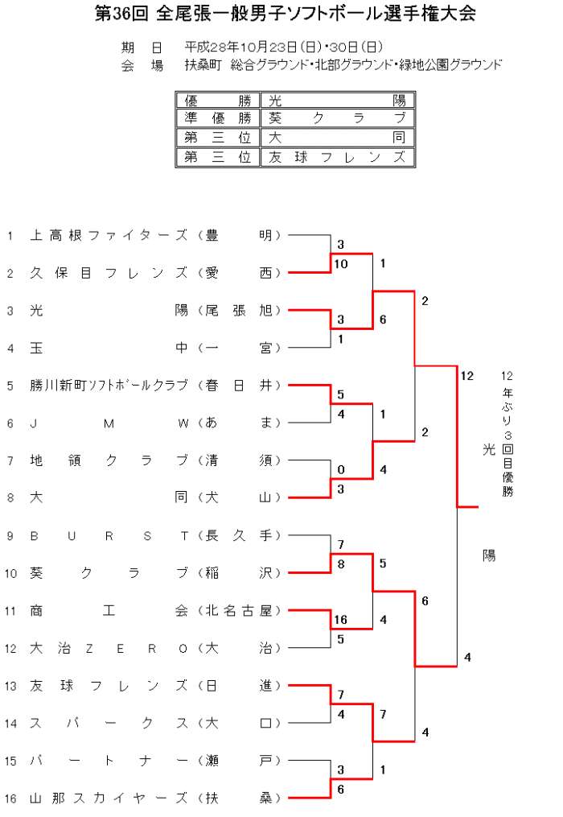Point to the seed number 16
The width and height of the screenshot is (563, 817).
pos(10,798)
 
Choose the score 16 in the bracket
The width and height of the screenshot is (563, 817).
pos(340,620)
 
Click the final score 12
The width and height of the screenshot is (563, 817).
pos(467,375)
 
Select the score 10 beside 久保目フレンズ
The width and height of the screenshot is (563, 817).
pos(340,264)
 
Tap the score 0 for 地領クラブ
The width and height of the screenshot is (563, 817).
pos(340,469)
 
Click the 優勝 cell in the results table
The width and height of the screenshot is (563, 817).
pos(217,101)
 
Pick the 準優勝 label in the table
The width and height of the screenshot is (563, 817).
pos(217,119)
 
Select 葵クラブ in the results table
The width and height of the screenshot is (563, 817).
pos(337,119)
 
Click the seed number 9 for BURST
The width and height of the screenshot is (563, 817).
pos(10,536)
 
